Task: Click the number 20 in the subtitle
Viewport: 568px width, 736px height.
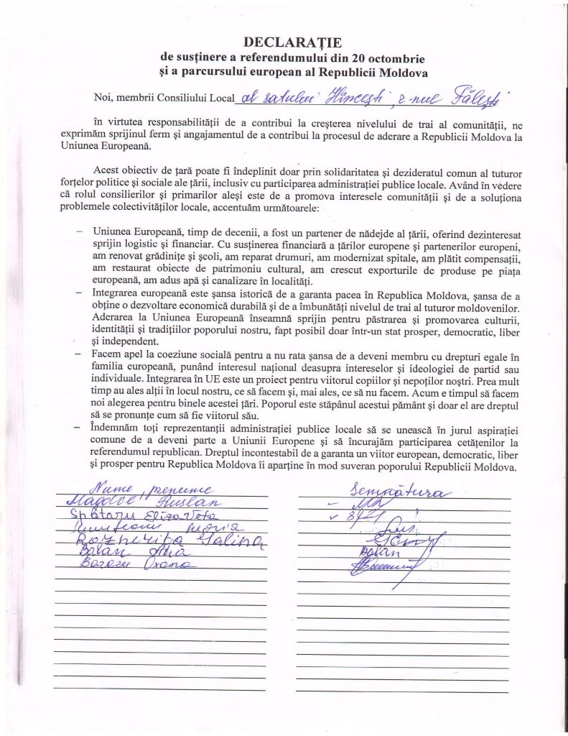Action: point(341,57)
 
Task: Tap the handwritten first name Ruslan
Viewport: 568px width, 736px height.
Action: point(192,502)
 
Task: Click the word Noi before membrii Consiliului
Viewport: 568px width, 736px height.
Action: point(103,96)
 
